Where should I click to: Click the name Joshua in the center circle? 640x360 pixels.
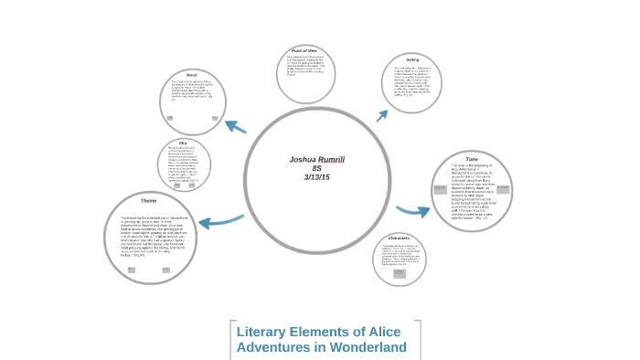coord(302,160)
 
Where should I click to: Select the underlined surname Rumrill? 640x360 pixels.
coord(332,160)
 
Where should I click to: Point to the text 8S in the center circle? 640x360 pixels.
coord(316,169)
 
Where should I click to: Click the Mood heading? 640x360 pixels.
coord(192,75)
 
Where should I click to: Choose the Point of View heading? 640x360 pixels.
coord(305,50)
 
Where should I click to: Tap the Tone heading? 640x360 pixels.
coord(472,158)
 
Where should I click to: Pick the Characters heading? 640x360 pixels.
coord(400,238)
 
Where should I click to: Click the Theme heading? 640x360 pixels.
coord(148,202)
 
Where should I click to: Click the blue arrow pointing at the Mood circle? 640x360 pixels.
coord(235,127)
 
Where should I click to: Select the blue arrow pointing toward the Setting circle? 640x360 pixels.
coord(382,114)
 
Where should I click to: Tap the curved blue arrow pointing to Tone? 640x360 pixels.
coord(413,211)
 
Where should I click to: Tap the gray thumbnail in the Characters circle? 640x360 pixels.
coord(399,273)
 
